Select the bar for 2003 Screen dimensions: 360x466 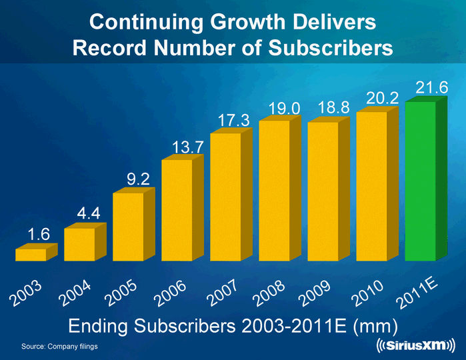31,255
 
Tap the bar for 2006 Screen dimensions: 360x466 177,210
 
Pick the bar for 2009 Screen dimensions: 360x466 323,191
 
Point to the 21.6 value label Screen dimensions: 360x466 431,87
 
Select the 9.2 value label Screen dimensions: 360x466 137,178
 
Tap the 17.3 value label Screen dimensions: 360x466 233,120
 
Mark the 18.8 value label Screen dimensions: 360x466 334,107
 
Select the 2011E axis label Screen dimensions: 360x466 419,294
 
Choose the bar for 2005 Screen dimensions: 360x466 128,227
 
